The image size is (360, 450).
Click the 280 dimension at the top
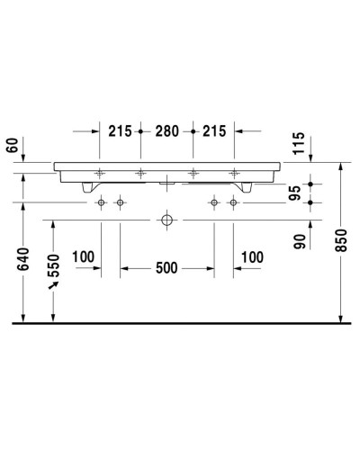pyautogui.click(x=166, y=130)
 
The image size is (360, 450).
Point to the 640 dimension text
pyautogui.click(x=24, y=260)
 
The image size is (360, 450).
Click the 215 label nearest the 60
pyautogui.click(x=120, y=130)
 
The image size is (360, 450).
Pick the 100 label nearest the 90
pyautogui.click(x=252, y=257)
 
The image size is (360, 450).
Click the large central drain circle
pyautogui.click(x=166, y=219)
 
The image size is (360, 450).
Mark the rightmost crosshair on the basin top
pyautogui.click(x=234, y=172)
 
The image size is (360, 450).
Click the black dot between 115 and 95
pyautogui.click(x=309, y=183)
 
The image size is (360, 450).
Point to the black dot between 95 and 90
pyautogui.click(x=309, y=202)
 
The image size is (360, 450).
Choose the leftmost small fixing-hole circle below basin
pyautogui.click(x=101, y=202)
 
